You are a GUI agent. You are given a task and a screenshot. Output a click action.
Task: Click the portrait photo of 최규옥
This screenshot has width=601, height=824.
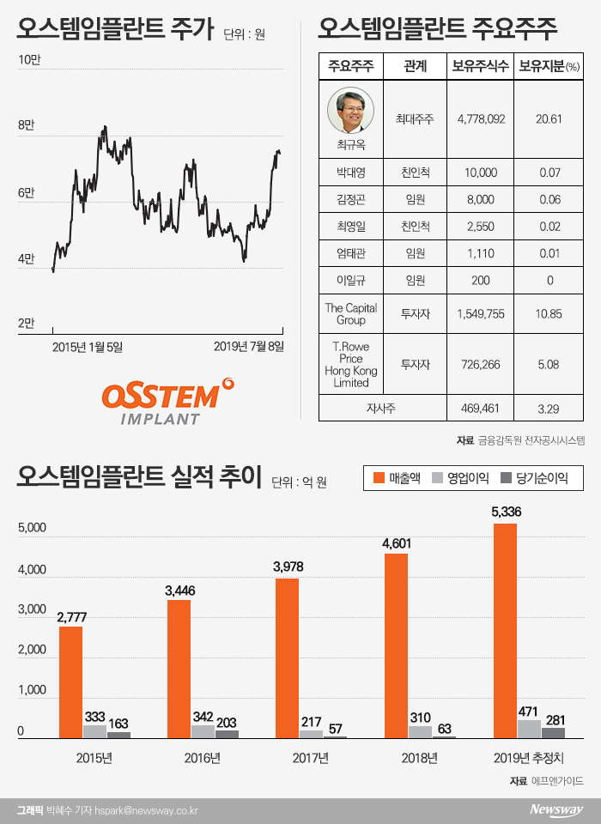(x=350, y=110)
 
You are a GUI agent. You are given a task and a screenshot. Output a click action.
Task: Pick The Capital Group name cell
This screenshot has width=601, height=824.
(x=350, y=314)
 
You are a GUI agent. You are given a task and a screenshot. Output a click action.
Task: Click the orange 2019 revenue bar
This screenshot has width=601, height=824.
(x=505, y=631)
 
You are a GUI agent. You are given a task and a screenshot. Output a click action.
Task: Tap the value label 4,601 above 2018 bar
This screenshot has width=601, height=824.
(x=396, y=542)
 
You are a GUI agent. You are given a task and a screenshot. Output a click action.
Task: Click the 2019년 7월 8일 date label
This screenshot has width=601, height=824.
(x=248, y=347)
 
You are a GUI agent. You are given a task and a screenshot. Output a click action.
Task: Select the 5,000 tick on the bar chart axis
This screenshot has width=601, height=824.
(x=31, y=530)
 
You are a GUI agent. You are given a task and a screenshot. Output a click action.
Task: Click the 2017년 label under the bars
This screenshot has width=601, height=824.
(x=310, y=759)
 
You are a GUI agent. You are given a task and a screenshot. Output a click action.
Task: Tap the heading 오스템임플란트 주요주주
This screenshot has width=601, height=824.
(x=437, y=32)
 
